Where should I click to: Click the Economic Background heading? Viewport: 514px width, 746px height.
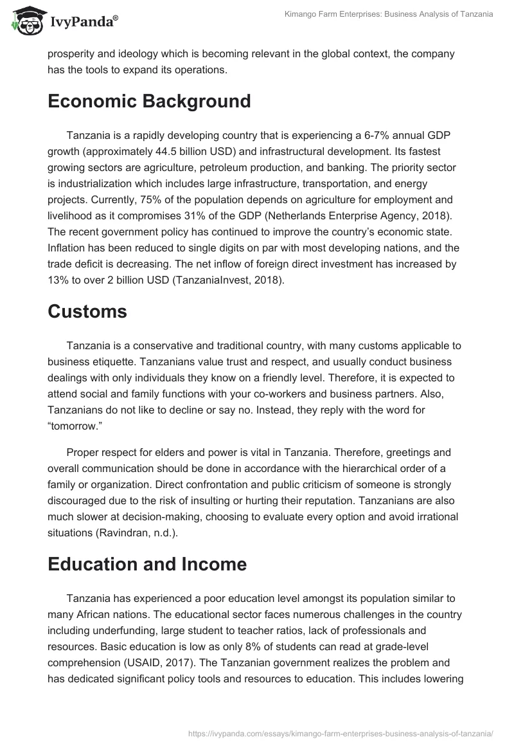[x=149, y=102]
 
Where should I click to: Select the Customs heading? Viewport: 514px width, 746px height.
[x=87, y=311]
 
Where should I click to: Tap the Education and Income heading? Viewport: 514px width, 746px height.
[x=147, y=564]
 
